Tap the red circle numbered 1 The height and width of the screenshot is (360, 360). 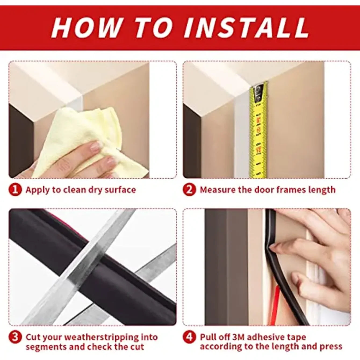point(15,190)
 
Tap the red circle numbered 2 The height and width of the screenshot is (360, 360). point(189,190)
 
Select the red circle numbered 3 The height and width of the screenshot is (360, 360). point(15,337)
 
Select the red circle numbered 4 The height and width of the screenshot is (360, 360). point(189,337)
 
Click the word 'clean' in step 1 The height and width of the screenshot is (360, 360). point(74,190)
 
